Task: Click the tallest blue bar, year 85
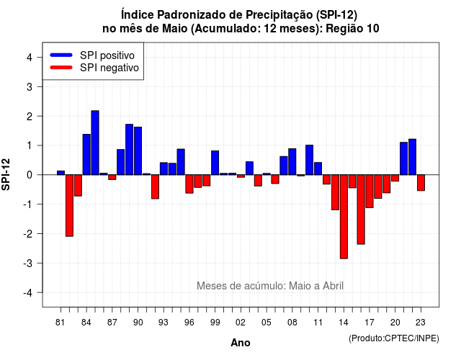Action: [x=95, y=143]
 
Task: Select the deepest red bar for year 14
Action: [x=344, y=217]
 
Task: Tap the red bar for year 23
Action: [x=421, y=182]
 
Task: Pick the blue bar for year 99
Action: [x=215, y=163]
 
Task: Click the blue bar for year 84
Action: [x=86, y=155]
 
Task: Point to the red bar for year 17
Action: [x=370, y=191]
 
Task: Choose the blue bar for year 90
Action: [x=138, y=151]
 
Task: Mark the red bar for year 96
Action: [x=189, y=184]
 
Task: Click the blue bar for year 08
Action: [x=292, y=161]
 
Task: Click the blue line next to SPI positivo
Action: [x=61, y=55]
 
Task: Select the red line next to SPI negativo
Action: [x=61, y=67]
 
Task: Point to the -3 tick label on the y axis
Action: [x=28, y=263]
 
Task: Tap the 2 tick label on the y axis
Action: [x=30, y=116]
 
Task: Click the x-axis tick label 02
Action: [x=241, y=323]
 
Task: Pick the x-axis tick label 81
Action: [x=61, y=323]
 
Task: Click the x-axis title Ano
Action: [x=241, y=343]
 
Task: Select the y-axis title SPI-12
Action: [x=6, y=174]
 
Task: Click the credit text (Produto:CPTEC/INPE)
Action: [x=394, y=338]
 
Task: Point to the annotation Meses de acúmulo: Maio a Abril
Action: [x=270, y=286]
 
